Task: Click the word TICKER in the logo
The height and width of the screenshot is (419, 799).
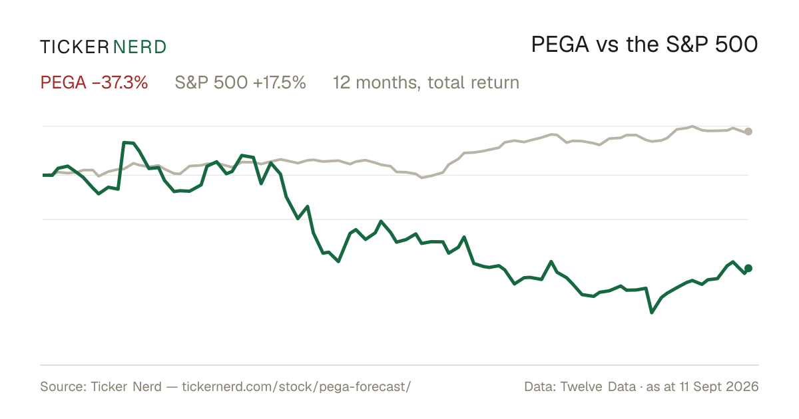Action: click(75, 47)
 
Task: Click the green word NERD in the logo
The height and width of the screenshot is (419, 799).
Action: click(140, 47)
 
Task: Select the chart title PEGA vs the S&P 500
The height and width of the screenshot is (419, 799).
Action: click(645, 45)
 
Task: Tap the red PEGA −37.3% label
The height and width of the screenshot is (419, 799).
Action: click(94, 82)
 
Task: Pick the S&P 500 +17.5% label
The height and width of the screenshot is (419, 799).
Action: click(240, 82)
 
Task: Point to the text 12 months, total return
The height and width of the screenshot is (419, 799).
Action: click(426, 82)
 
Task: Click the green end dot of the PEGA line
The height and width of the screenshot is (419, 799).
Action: click(748, 268)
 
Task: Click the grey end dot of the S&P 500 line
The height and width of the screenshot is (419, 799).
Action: click(748, 132)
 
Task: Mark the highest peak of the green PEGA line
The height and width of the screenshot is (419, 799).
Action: click(124, 142)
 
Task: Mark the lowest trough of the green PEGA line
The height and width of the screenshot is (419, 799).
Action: click(652, 313)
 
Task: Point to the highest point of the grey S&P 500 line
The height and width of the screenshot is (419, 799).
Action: click(692, 126)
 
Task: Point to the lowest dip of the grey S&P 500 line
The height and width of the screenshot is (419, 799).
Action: click(422, 178)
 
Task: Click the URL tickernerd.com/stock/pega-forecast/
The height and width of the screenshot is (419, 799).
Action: click(296, 386)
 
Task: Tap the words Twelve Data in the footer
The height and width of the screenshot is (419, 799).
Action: click(598, 386)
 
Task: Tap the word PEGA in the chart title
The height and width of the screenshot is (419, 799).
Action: click(560, 45)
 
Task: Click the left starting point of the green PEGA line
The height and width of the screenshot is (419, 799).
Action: click(43, 175)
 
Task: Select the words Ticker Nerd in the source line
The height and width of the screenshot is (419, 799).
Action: click(127, 386)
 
